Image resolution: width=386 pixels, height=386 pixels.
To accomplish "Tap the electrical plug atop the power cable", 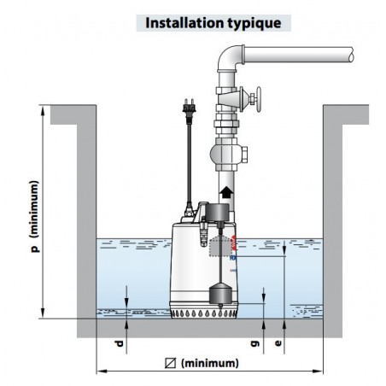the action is [189, 108].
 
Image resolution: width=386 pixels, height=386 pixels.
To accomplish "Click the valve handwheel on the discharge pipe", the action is [259, 99].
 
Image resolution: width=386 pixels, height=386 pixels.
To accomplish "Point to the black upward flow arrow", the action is [226, 192].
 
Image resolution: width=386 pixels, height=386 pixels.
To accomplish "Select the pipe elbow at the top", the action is [230, 58].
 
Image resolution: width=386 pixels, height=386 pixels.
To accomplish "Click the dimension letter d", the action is [120, 343].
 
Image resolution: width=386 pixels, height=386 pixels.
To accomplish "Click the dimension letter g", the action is [255, 343].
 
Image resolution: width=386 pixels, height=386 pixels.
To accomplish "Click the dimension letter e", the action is [278, 343].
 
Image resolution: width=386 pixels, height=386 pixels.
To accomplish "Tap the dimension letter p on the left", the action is [35, 249].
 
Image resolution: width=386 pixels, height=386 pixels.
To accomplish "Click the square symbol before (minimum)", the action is [170, 363].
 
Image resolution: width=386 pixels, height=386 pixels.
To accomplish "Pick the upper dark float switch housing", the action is [218, 213].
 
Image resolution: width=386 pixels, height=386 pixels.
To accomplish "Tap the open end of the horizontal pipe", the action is [351, 55].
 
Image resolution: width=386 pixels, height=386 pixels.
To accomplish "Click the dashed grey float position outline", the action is [220, 247].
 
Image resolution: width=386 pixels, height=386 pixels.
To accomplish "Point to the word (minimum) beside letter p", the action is [34, 209].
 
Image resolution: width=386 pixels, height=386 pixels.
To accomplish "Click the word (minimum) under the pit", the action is [210, 363].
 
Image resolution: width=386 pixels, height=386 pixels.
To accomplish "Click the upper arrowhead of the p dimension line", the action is [43, 110].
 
